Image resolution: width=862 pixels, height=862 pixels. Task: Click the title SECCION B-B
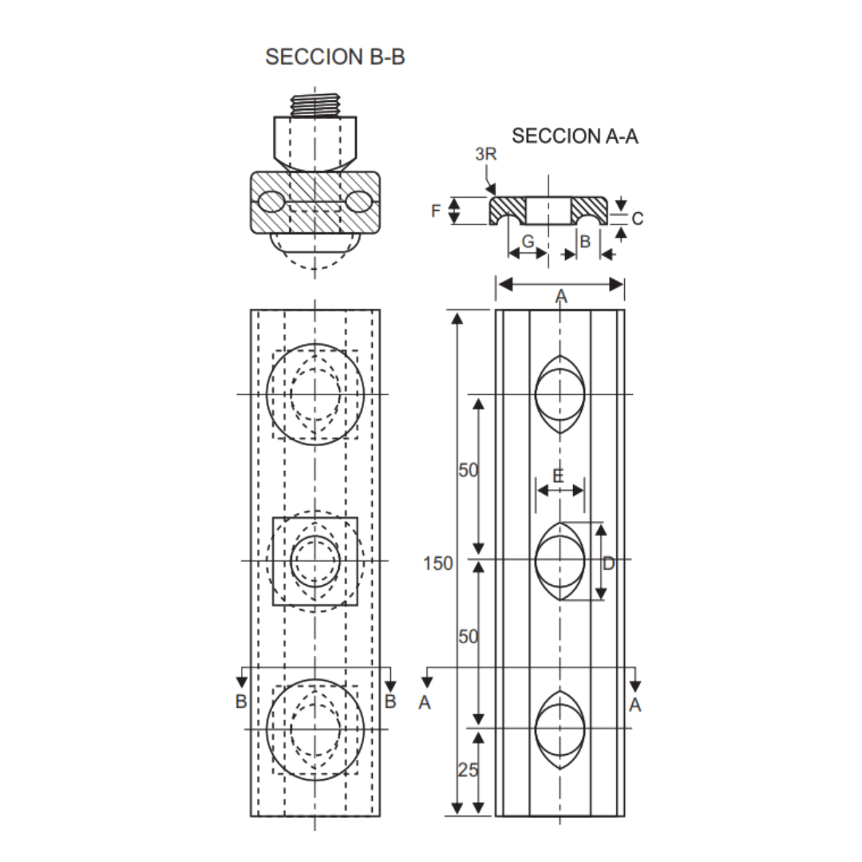[335, 57]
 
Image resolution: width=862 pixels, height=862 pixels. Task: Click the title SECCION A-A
[575, 136]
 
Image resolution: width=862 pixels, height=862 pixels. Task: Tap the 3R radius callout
[485, 154]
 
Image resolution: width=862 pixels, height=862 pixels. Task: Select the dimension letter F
[436, 212]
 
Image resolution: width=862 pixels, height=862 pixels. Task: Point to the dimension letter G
[528, 241]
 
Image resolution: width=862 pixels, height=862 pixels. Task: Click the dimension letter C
[637, 218]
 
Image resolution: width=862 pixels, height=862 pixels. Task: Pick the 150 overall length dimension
[438, 563]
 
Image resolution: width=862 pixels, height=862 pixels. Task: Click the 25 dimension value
[469, 770]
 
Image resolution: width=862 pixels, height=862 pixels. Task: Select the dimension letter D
[609, 564]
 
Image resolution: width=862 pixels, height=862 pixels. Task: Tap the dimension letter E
[558, 476]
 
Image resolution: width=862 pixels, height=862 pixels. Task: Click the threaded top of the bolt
[315, 105]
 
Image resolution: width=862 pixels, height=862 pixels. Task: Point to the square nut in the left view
[315, 561]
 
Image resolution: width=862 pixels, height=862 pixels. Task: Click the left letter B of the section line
[241, 702]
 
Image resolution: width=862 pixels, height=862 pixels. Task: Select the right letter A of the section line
[635, 704]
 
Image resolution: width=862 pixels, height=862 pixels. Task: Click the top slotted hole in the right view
[560, 394]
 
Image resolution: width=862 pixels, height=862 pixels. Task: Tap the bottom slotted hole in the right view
[560, 729]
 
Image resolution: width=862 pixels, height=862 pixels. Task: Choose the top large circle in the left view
[315, 393]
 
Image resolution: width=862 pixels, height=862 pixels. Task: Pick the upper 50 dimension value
[469, 470]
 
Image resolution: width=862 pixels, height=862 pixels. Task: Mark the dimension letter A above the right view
[561, 297]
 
